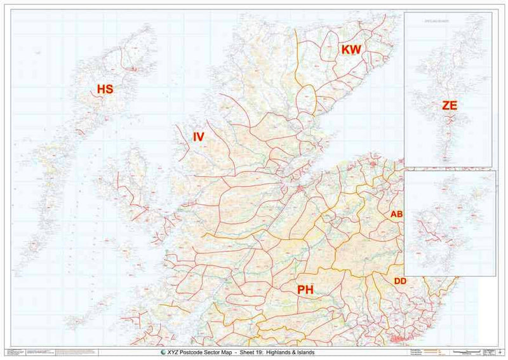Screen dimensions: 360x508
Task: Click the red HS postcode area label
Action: tap(104, 89)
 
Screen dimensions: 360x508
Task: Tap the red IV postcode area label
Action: tap(199, 136)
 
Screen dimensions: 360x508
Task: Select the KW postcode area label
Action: tap(351, 50)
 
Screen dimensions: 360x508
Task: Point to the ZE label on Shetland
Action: tap(450, 106)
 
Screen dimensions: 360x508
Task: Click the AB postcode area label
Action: tap(397, 214)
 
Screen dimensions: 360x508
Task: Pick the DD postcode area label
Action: tap(400, 280)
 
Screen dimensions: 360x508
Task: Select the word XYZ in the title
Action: tap(175, 352)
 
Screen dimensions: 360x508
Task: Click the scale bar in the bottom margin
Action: tap(466, 352)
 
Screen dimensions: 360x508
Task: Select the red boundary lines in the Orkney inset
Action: tap(435, 236)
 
